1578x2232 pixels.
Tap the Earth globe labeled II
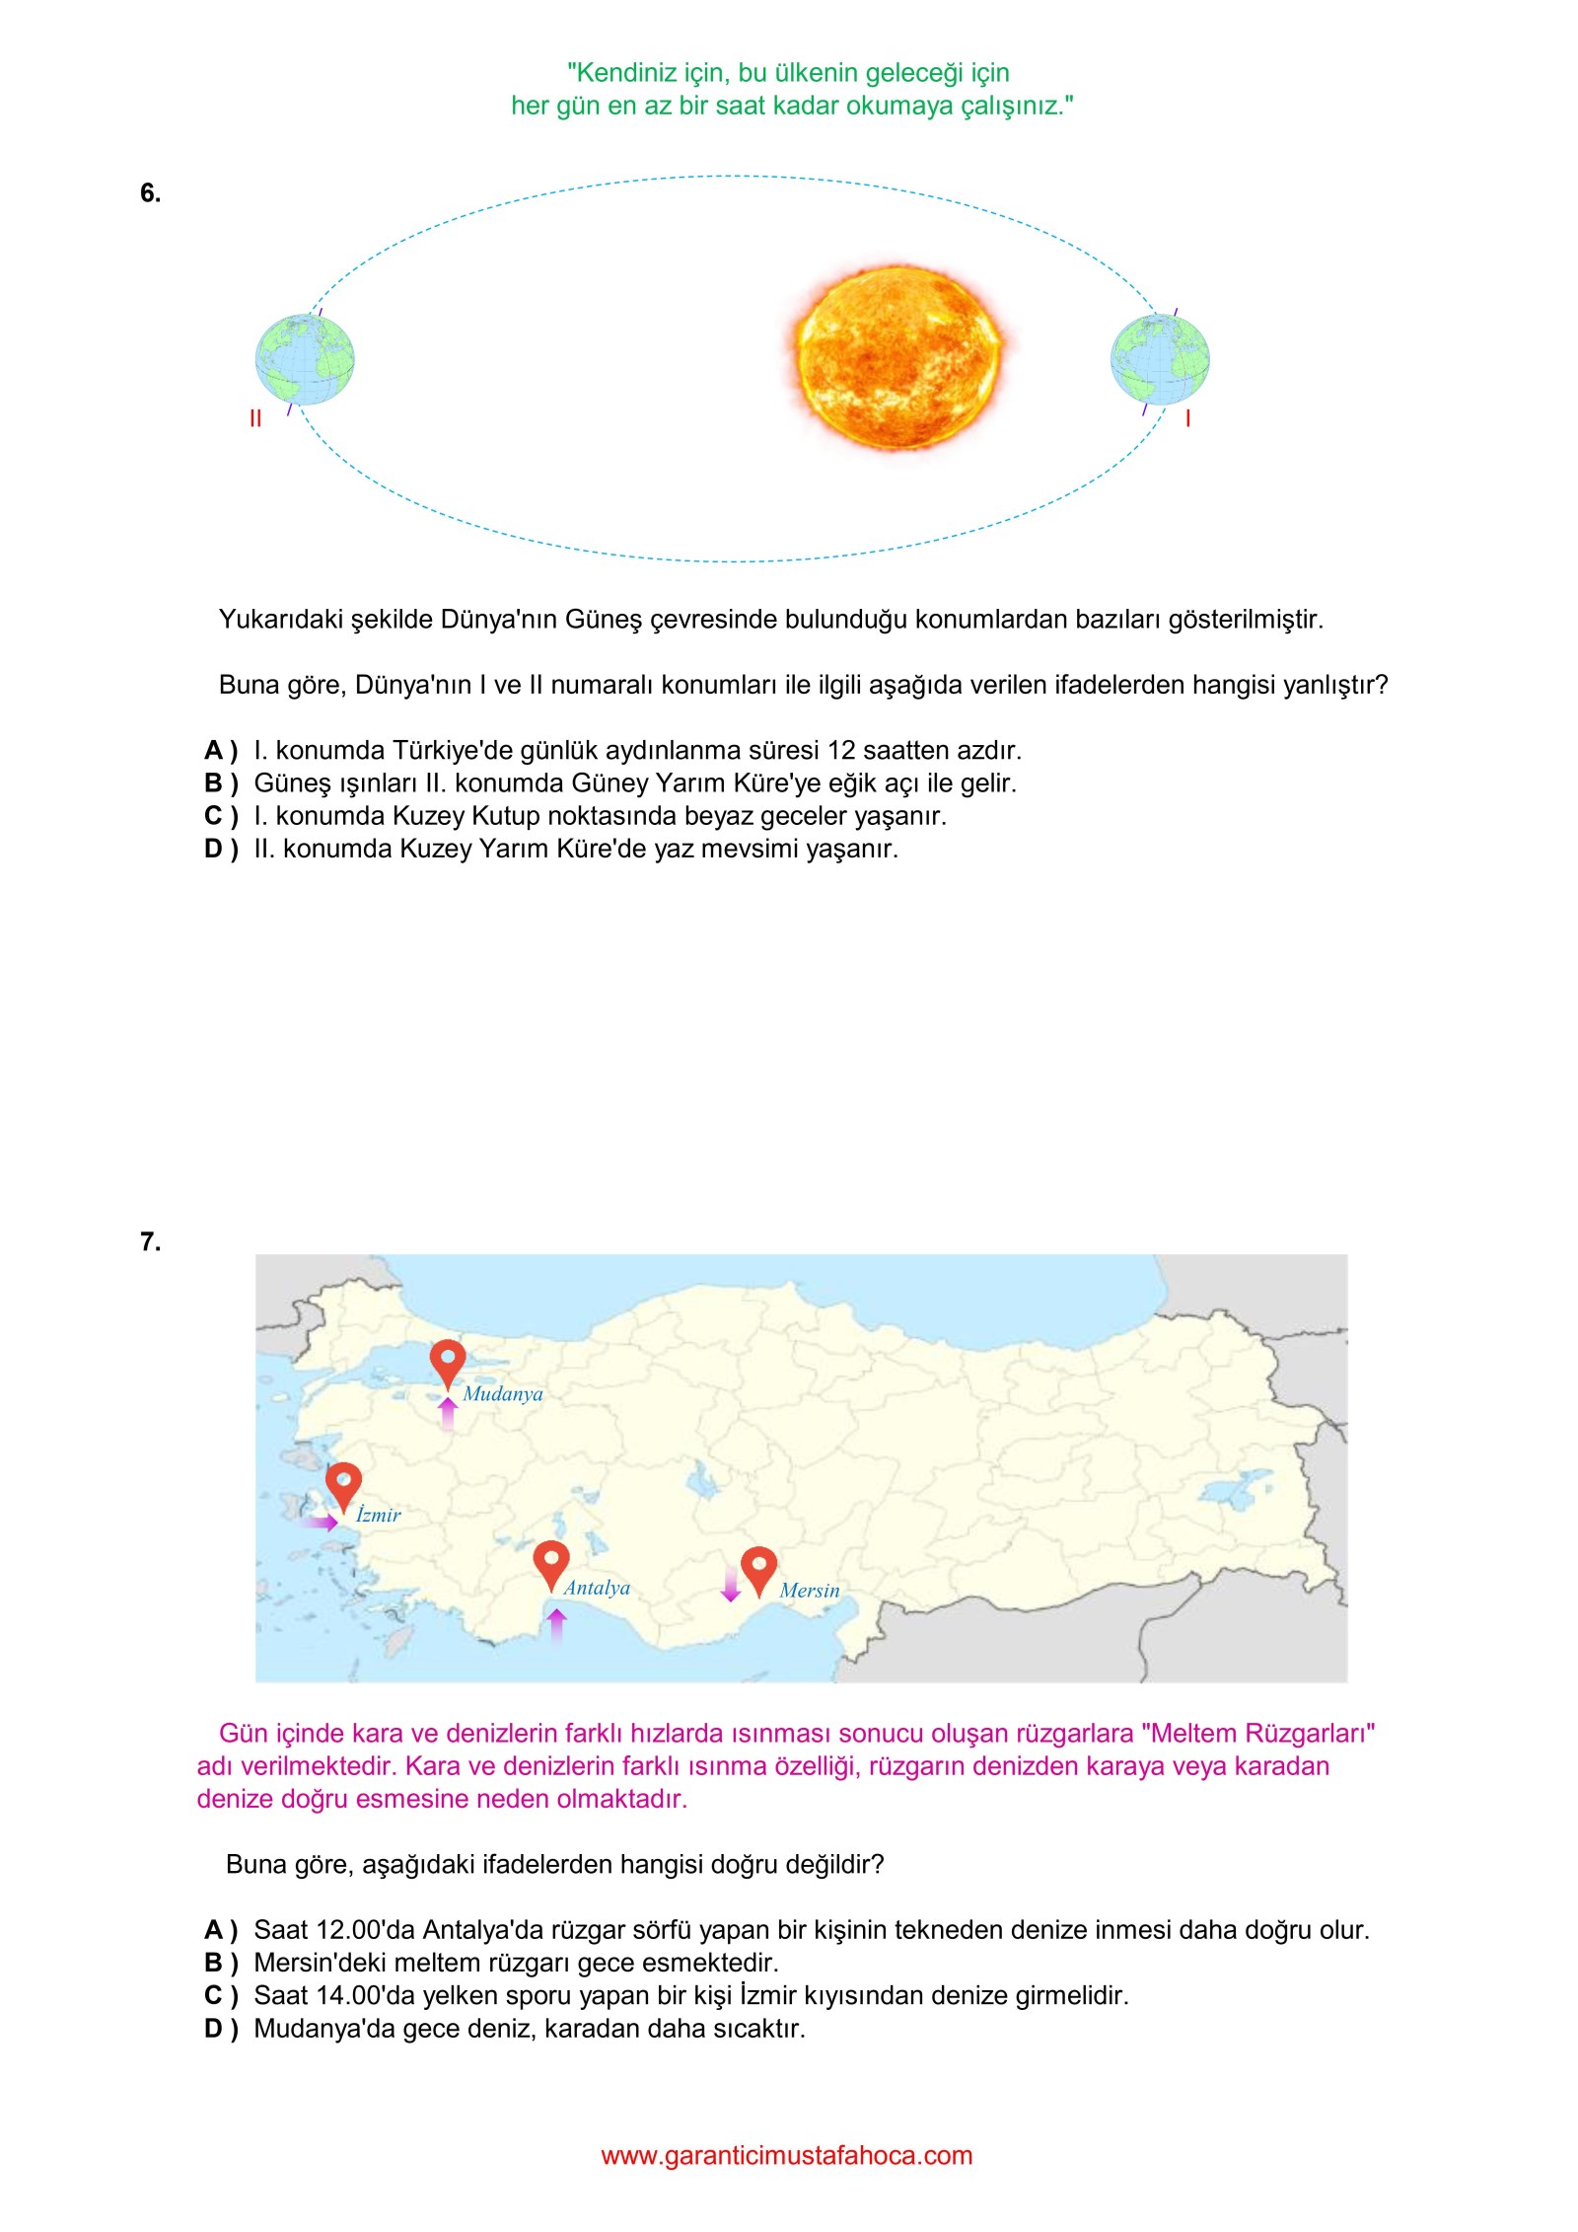[x=305, y=359]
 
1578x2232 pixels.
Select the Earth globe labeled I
[x=1160, y=359]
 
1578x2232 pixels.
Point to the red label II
[x=255, y=419]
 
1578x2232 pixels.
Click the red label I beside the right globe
[x=1187, y=419]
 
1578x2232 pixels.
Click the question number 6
[x=150, y=193]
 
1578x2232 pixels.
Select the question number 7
[x=150, y=1241]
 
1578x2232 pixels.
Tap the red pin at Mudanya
[x=448, y=1362]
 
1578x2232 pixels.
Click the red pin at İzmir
[x=343, y=1483]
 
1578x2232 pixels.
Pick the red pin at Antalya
[x=551, y=1561]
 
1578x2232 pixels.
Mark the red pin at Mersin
[x=758, y=1567]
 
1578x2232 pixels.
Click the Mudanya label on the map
[x=503, y=1394]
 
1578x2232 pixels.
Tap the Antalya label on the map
[x=597, y=1588]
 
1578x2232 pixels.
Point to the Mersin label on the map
[x=810, y=1591]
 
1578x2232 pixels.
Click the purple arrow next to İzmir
[x=320, y=1522]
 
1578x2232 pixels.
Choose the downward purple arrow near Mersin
[x=731, y=1581]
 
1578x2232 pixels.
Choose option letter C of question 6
[x=220, y=816]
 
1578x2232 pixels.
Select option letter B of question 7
[x=220, y=1963]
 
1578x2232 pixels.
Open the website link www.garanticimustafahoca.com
[x=787, y=2155]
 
